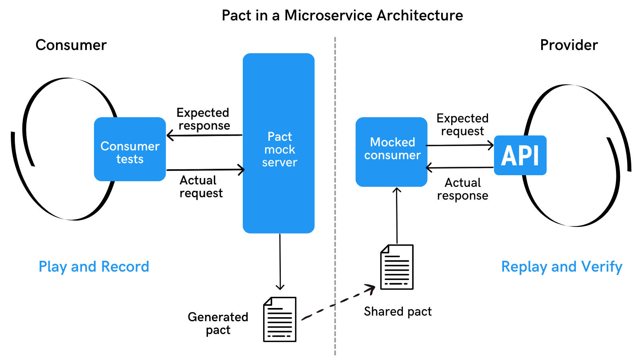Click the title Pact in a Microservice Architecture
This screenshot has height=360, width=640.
point(342,16)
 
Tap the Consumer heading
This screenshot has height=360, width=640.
point(71,45)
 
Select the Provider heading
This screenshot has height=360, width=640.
point(568,45)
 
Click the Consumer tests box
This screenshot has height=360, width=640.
point(130,149)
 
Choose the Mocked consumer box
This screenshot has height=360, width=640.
point(391,152)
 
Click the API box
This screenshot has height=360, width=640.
point(520,155)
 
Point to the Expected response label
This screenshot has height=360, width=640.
point(203,119)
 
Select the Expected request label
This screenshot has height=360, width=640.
point(462,124)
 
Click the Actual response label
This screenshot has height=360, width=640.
point(462,189)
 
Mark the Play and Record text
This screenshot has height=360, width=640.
point(94,266)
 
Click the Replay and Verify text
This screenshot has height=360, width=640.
point(562,266)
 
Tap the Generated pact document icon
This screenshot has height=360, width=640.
point(280,319)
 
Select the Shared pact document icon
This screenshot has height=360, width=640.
point(397,267)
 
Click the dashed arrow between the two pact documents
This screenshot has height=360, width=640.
point(338,302)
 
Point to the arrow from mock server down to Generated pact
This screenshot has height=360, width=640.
point(280,260)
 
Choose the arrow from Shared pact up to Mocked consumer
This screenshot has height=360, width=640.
point(397,216)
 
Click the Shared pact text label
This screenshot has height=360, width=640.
point(398,311)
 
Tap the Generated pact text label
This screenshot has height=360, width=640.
point(218,323)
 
